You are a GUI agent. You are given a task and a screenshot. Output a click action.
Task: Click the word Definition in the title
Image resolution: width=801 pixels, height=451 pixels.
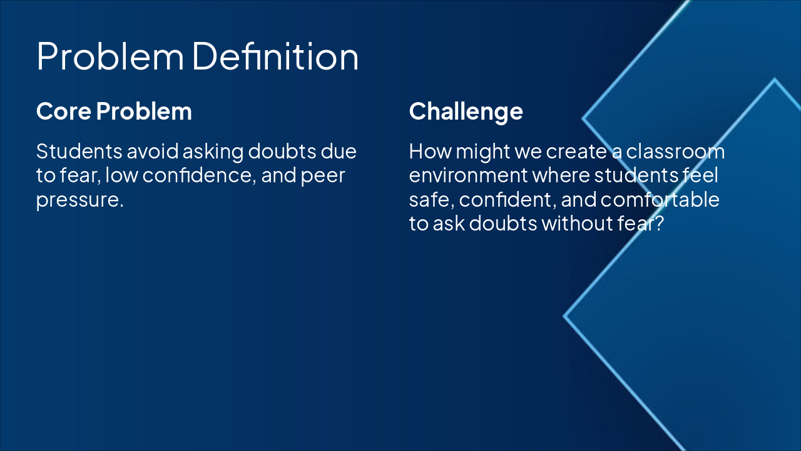pyautogui.click(x=275, y=56)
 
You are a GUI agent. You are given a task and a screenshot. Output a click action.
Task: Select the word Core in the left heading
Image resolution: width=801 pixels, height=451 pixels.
pyautogui.click(x=64, y=111)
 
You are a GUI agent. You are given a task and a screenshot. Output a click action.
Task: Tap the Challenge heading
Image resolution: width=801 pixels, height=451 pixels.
pyautogui.click(x=466, y=112)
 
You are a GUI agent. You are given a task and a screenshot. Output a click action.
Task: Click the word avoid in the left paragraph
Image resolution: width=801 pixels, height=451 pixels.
pyautogui.click(x=153, y=152)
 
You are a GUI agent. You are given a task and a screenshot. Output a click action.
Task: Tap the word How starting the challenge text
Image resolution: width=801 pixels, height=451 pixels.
pyautogui.click(x=430, y=152)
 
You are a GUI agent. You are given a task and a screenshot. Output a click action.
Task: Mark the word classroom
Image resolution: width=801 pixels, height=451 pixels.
pyautogui.click(x=675, y=152)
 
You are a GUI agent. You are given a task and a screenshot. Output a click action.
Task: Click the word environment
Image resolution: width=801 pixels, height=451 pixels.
pyautogui.click(x=468, y=175)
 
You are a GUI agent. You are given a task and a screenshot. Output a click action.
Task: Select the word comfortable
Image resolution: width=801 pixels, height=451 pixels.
pyautogui.click(x=660, y=199)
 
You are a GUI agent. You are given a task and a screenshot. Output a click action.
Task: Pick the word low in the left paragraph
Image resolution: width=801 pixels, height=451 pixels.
pyautogui.click(x=121, y=175)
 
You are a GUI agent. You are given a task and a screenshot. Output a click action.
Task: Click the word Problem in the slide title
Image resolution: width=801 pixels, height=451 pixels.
pyautogui.click(x=110, y=56)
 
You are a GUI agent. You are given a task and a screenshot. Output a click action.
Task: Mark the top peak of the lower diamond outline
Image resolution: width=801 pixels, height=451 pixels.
pyautogui.click(x=775, y=78)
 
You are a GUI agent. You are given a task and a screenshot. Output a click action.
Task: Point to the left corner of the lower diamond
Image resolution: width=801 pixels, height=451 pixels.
pyautogui.click(x=564, y=316)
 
